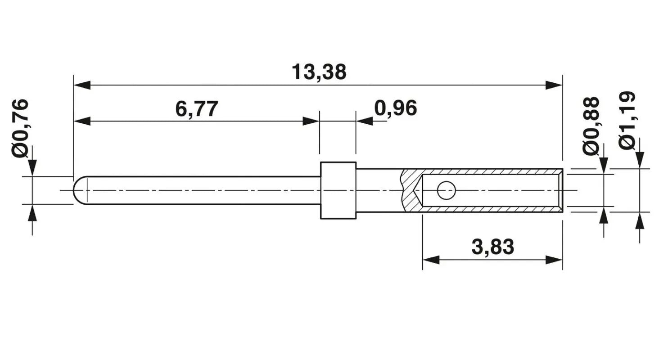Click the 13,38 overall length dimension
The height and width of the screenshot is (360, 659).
[319, 72]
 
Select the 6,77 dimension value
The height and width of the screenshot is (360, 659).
[197, 109]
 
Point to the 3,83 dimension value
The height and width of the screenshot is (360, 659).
[493, 247]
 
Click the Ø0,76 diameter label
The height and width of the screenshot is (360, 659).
[20, 129]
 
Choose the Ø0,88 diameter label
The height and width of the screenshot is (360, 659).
[591, 126]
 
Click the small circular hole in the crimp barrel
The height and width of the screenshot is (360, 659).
[446, 190]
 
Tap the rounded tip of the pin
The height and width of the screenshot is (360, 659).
[77, 190]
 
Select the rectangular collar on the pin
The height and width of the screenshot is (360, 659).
[339, 190]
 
